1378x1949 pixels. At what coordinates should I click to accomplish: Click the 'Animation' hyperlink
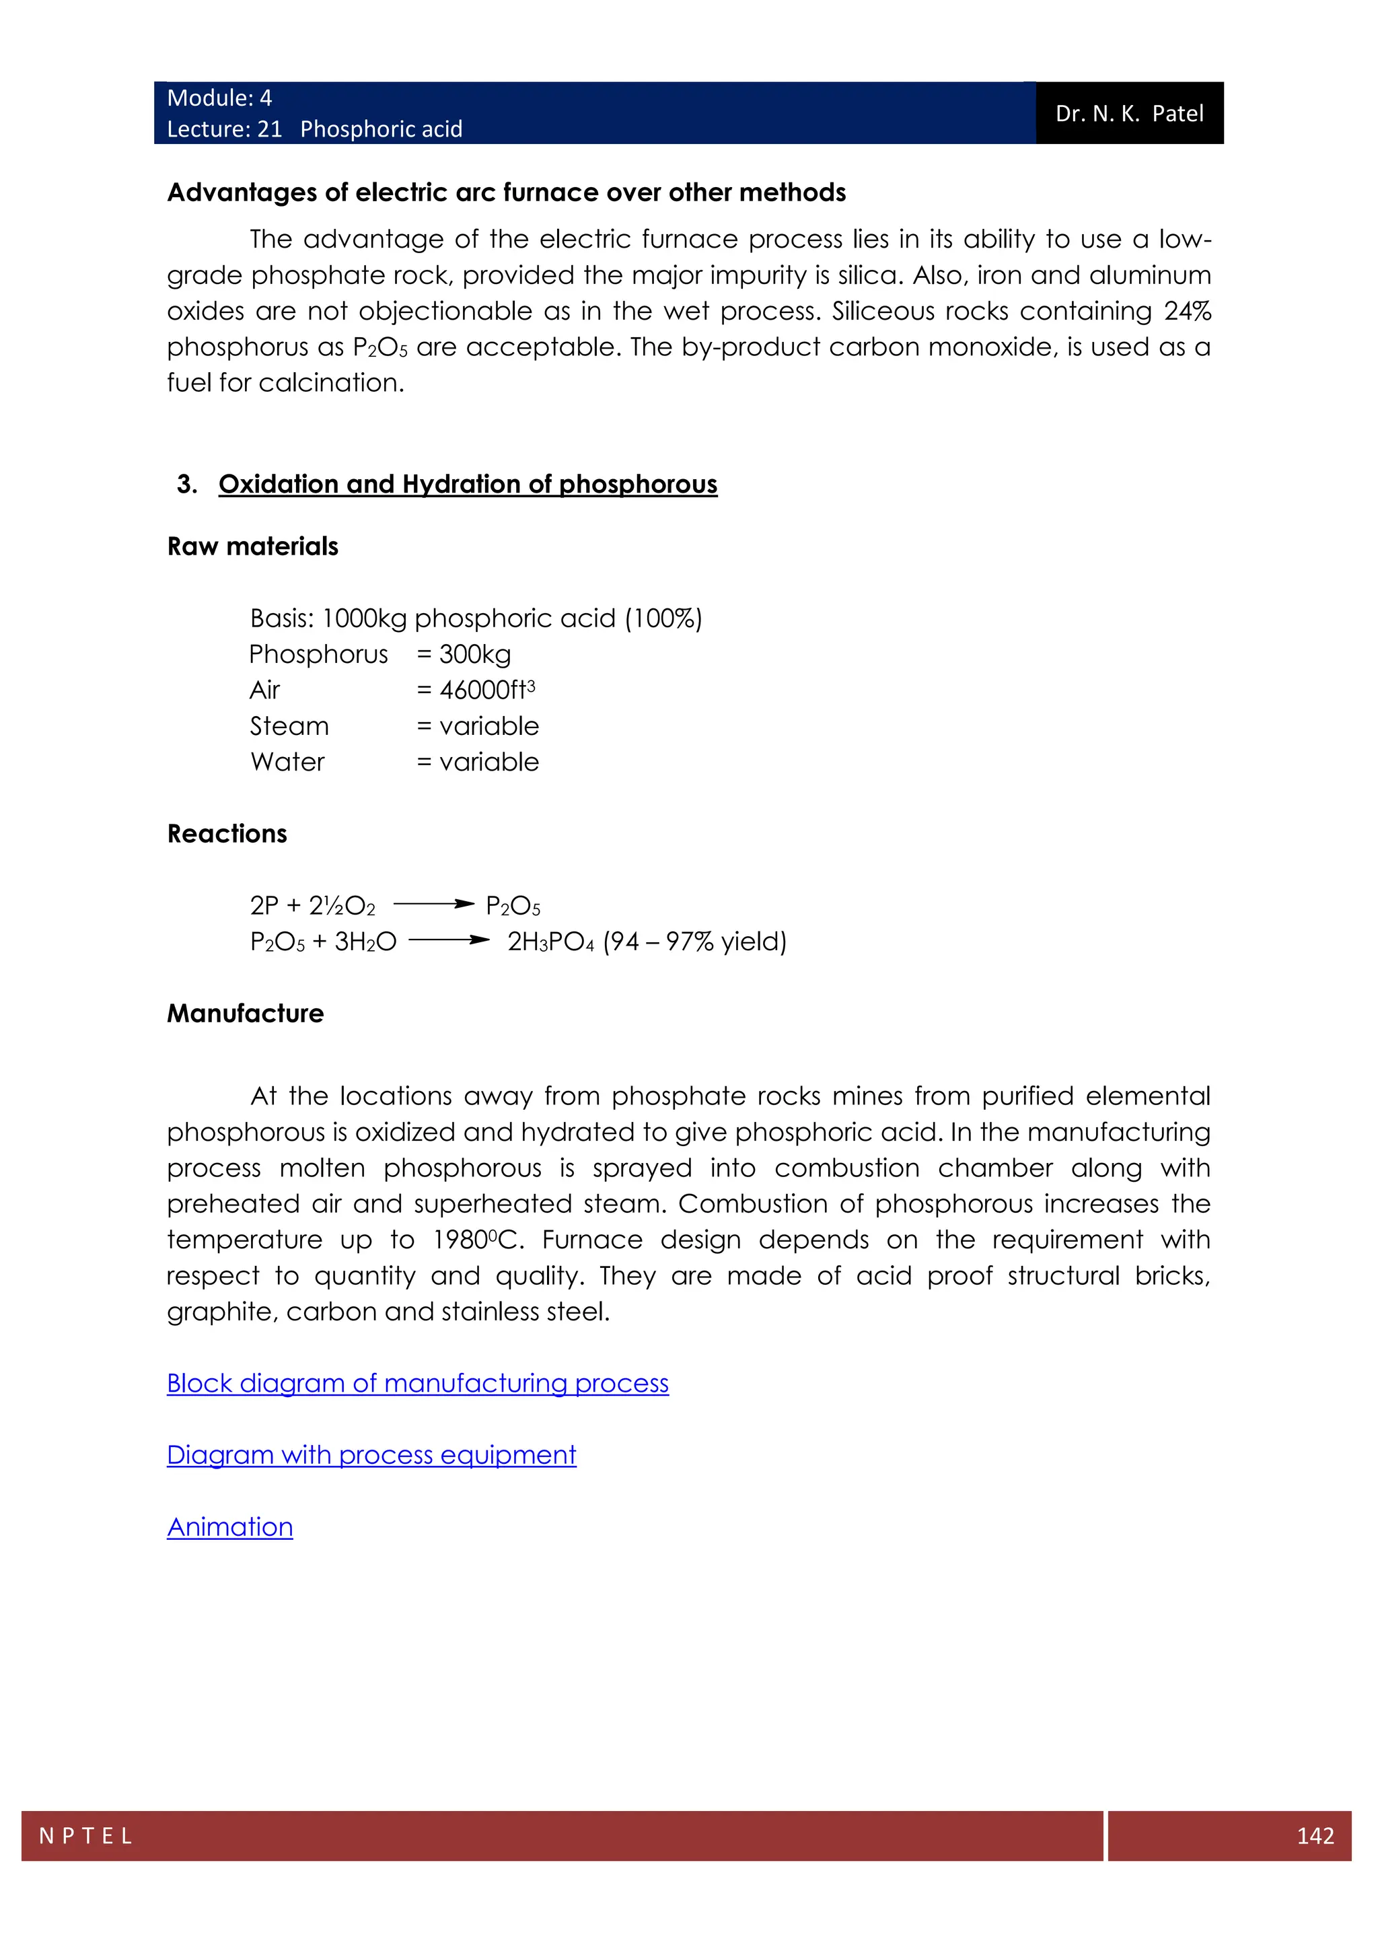pyautogui.click(x=230, y=1527)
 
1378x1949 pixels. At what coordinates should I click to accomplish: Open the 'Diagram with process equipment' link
pyautogui.click(x=371, y=1455)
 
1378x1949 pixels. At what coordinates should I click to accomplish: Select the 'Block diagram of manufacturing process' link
pyautogui.click(x=417, y=1383)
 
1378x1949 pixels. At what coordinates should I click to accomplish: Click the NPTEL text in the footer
pyautogui.click(x=85, y=1835)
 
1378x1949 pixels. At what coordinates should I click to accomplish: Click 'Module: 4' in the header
pyautogui.click(x=219, y=98)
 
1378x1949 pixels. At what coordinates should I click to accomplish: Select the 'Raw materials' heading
pyautogui.click(x=252, y=546)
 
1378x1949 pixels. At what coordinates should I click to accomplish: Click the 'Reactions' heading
pyautogui.click(x=227, y=834)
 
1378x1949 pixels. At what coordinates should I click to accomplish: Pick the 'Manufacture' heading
pyautogui.click(x=245, y=1014)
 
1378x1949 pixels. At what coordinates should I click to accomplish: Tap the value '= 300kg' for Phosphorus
pyautogui.click(x=464, y=654)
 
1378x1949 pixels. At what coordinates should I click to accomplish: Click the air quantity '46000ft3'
pyautogui.click(x=486, y=690)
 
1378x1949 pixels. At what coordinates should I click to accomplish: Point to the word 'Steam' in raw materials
pyautogui.click(x=289, y=727)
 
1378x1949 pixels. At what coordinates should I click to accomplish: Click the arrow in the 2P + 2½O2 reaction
pyautogui.click(x=433, y=904)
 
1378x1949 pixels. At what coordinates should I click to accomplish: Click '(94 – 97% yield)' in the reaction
pyautogui.click(x=695, y=942)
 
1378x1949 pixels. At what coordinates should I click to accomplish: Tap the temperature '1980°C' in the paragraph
pyautogui.click(x=478, y=1240)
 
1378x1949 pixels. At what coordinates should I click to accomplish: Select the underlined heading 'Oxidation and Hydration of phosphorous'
pyautogui.click(x=468, y=484)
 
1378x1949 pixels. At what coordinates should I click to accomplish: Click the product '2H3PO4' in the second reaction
pyautogui.click(x=550, y=942)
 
